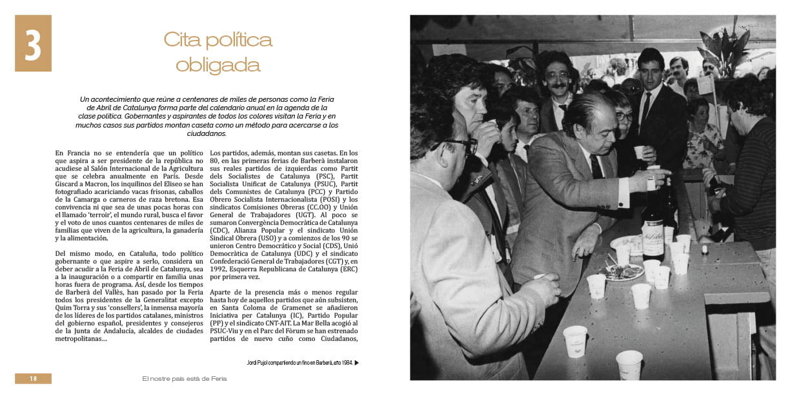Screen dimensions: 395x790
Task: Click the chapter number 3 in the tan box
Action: tap(33, 43)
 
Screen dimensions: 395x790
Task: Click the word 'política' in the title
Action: tap(238, 40)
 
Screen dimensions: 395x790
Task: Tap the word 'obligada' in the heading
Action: tap(218, 65)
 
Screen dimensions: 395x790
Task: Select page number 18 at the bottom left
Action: tap(33, 379)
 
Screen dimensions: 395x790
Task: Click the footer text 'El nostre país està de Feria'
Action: tap(185, 379)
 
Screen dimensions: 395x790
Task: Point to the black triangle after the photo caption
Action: tap(357, 363)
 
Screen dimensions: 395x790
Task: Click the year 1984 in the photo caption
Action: tap(345, 363)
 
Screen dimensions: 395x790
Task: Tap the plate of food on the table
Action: tap(623, 272)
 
